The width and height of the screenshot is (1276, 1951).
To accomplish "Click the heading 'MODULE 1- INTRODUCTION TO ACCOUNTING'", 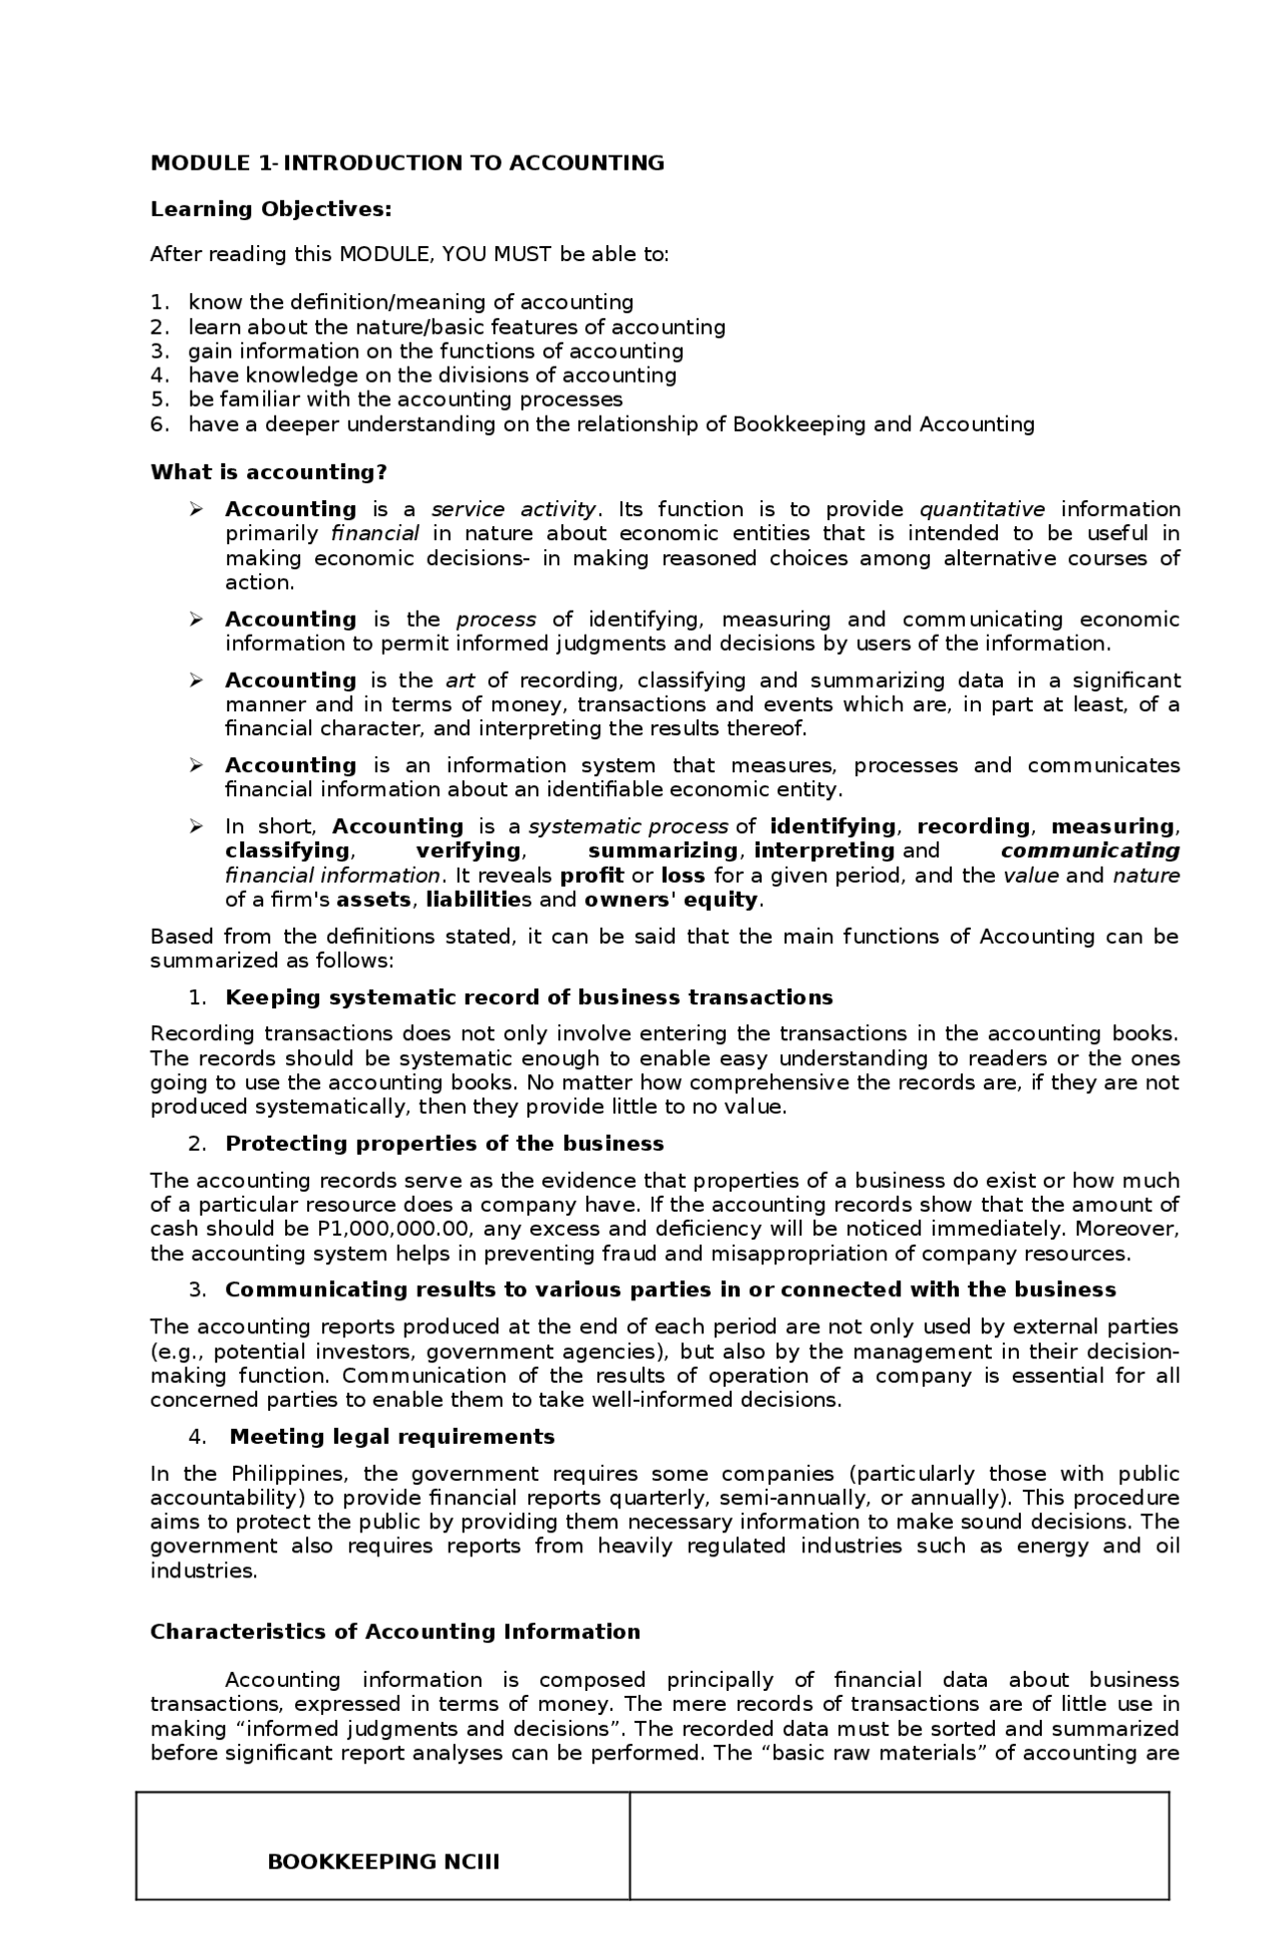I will [407, 163].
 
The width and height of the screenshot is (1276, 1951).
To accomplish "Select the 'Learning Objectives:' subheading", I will [270, 209].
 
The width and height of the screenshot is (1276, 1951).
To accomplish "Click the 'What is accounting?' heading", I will [268, 472].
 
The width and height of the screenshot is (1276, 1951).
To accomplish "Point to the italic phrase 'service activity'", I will [513, 510].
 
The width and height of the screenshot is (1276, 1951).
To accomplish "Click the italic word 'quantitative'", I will [982, 510].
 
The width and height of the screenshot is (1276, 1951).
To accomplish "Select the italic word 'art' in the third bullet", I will [460, 681].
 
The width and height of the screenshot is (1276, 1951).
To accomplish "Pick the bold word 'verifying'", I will [469, 851].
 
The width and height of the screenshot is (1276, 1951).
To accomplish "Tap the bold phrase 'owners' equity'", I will [671, 900].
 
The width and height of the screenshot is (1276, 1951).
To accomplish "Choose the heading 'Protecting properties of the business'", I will [445, 1144].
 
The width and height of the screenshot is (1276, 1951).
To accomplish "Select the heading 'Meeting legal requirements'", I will [392, 1437].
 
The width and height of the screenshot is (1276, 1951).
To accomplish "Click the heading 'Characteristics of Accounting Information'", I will [395, 1632].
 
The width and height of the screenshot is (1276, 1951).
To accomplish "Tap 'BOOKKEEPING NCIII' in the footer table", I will [383, 1862].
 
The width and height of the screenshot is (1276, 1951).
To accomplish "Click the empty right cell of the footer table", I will [899, 1846].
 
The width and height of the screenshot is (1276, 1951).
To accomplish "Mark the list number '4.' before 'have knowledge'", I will [160, 376].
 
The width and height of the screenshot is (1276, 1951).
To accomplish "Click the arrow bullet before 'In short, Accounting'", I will [196, 827].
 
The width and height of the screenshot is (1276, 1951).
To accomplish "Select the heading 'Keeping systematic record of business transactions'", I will [528, 998].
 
